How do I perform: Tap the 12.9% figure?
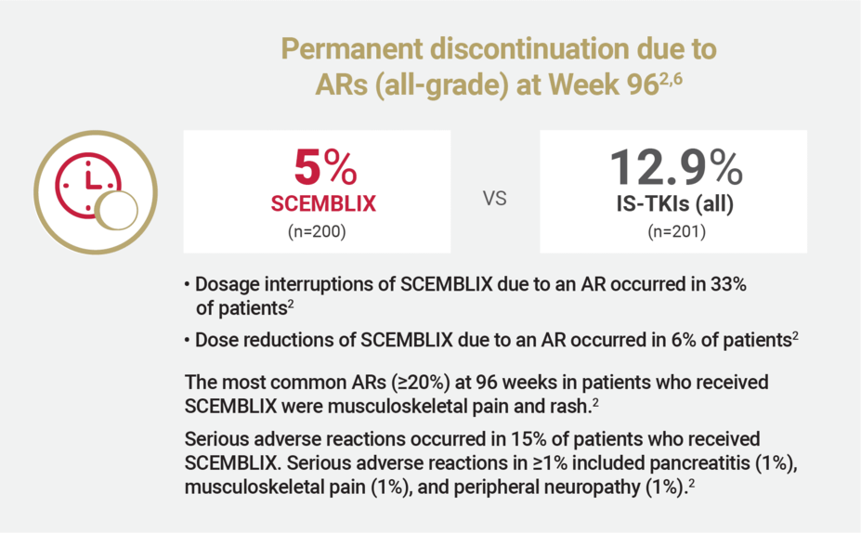(x=675, y=168)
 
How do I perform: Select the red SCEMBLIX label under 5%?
(x=317, y=203)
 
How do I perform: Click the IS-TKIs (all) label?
(x=675, y=204)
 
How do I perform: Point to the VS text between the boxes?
(x=495, y=199)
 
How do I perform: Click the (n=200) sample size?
(x=317, y=231)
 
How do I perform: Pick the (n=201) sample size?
(x=675, y=231)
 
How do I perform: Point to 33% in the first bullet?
(x=727, y=285)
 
